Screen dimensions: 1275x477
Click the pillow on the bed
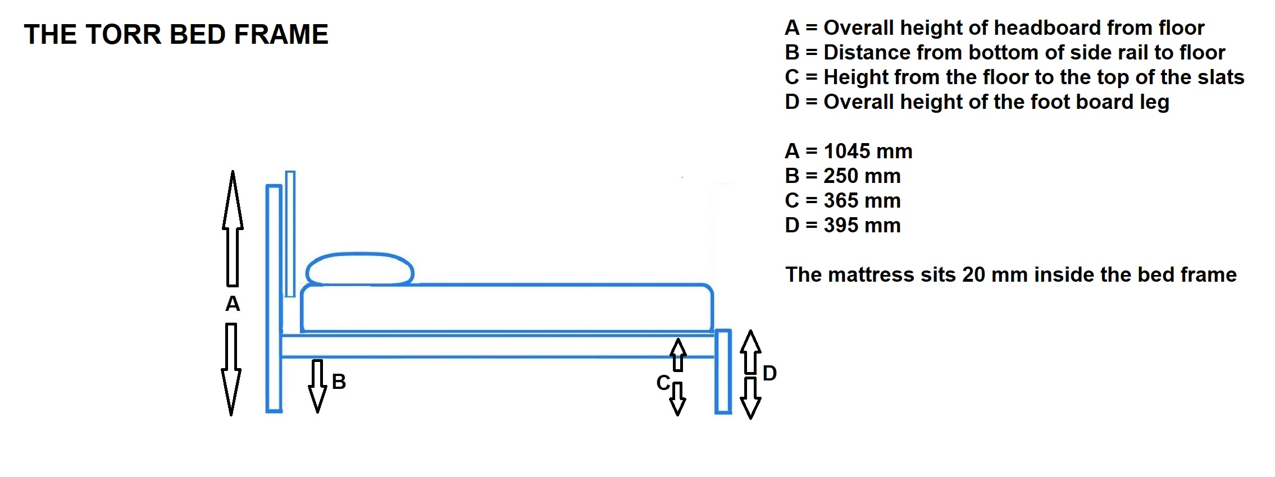point(360,269)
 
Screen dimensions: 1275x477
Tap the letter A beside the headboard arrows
point(233,304)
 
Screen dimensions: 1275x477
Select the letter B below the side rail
point(339,382)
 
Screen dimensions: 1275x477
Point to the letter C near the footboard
point(663,383)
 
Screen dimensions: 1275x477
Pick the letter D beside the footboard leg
point(769,373)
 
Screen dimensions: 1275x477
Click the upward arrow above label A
point(233,228)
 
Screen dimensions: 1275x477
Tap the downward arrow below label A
point(231,369)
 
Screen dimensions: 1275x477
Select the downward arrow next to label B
point(317,386)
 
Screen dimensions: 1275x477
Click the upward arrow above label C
point(678,355)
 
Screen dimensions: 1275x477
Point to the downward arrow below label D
point(750,398)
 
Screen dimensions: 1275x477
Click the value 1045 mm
point(868,151)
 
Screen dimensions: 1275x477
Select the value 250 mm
point(862,176)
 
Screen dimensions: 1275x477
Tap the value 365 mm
point(862,200)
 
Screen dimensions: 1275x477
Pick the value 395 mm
point(862,225)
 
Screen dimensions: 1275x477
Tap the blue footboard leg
point(723,371)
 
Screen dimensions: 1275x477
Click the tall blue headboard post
point(274,299)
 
